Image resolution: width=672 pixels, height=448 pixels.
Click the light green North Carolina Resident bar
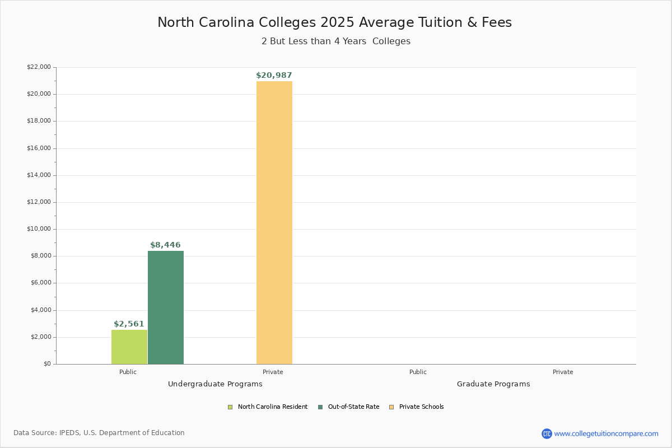129,347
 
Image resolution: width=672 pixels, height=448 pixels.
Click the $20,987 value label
274,76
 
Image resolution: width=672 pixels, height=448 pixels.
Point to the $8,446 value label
165,245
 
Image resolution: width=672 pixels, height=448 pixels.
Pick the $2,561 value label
129,324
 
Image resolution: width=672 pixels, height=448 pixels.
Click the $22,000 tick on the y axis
39,67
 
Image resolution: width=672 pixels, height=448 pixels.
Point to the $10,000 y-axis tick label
39,229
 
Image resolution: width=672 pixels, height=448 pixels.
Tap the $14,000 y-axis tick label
39,175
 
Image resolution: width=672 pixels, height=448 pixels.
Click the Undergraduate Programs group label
215,384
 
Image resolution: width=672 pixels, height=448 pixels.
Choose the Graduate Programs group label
493,384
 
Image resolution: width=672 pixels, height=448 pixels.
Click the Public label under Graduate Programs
418,372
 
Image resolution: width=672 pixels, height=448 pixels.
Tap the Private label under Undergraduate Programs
273,372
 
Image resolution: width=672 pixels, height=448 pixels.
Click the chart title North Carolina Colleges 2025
334,22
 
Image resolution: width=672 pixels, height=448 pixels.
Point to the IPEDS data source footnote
99,433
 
